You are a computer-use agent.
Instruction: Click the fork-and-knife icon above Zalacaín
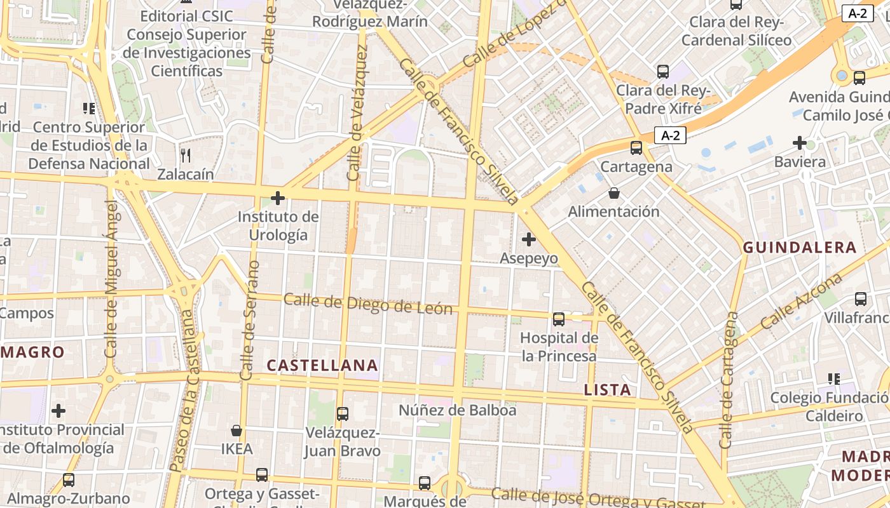pos(186,155)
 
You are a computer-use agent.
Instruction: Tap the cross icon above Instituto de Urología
pos(278,198)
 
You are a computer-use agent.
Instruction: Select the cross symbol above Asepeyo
pos(528,239)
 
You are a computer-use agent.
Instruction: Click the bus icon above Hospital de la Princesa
pos(559,319)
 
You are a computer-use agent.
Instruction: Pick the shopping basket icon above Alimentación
pos(614,193)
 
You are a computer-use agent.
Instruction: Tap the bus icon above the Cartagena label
pos(636,148)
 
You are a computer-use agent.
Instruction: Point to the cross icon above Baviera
pos(800,143)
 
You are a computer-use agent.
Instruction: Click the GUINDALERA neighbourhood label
pos(800,248)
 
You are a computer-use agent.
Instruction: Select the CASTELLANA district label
pos(322,365)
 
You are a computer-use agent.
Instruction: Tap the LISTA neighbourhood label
pos(608,390)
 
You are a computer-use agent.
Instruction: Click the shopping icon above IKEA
pos(236,431)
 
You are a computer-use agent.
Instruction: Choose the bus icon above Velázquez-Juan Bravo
pos(343,414)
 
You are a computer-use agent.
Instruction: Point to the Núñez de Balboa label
pos(458,410)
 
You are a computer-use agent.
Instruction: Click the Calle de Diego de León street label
pos(368,304)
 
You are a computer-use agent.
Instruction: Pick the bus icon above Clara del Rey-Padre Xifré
pos(663,72)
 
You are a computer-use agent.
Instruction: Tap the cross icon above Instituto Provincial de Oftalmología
pos(58,411)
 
